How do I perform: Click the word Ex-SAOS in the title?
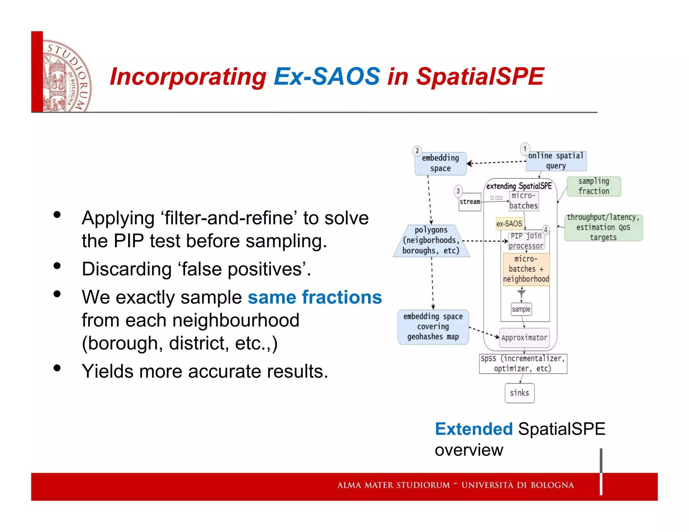pyautogui.click(x=327, y=77)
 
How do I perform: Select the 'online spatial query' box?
pyautogui.click(x=556, y=161)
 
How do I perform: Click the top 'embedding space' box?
pyautogui.click(x=440, y=163)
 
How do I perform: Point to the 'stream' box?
pyautogui.click(x=470, y=202)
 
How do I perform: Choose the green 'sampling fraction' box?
pyautogui.click(x=594, y=186)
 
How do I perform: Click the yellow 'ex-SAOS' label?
pyautogui.click(x=509, y=224)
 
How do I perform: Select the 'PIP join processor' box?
pyautogui.click(x=526, y=241)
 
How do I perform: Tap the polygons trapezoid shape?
pyautogui.click(x=431, y=240)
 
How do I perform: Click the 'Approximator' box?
pyautogui.click(x=524, y=338)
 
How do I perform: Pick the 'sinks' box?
pyautogui.click(x=519, y=393)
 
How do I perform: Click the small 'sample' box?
pyautogui.click(x=521, y=309)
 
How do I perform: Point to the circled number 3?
pyautogui.click(x=458, y=191)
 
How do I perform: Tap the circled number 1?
pyautogui.click(x=525, y=149)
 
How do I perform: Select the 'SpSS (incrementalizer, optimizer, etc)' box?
pyautogui.click(x=523, y=364)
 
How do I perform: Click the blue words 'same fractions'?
pyautogui.click(x=315, y=297)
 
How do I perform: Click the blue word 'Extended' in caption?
pyautogui.click(x=473, y=429)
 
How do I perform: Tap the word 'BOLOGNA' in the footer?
pyautogui.click(x=552, y=485)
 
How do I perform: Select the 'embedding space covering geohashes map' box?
pyautogui.click(x=433, y=327)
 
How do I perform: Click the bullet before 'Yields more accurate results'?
pyautogui.click(x=57, y=368)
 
